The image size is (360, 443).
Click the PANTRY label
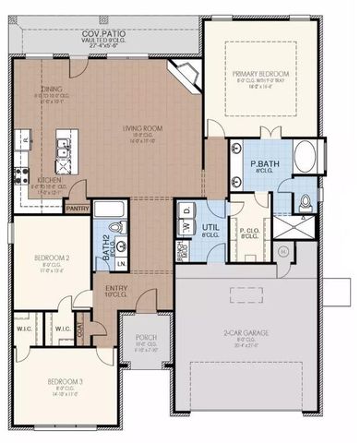click(x=78, y=209)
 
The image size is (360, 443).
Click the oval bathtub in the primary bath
click(x=306, y=157)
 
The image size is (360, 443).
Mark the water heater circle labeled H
click(x=283, y=249)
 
